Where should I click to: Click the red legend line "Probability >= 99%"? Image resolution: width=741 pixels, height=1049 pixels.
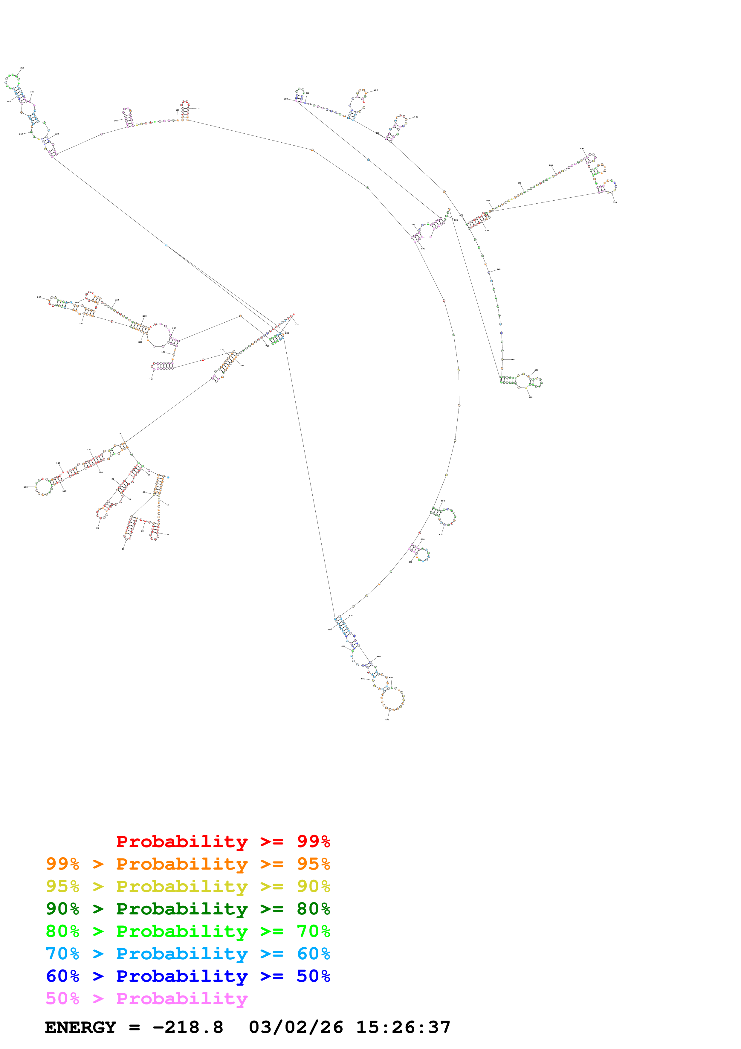click(x=223, y=841)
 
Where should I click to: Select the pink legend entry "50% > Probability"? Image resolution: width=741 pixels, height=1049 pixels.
click(x=146, y=999)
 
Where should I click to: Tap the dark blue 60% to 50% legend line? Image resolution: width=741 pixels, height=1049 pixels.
click(x=188, y=976)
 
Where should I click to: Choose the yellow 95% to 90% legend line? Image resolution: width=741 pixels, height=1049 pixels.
click(x=188, y=886)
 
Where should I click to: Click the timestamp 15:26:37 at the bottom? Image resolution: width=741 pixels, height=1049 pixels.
click(x=403, y=1027)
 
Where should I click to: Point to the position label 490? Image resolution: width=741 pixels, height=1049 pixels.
click(x=582, y=149)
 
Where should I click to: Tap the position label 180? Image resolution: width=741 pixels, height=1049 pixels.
click(x=151, y=379)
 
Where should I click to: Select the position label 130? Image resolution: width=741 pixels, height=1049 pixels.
click(x=26, y=487)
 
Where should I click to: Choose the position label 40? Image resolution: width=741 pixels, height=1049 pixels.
click(x=123, y=549)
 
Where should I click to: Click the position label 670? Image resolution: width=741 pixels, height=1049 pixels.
click(x=387, y=719)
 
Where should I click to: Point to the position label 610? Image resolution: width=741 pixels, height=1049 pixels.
click(x=441, y=535)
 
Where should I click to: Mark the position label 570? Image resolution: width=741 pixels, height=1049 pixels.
click(x=531, y=397)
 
